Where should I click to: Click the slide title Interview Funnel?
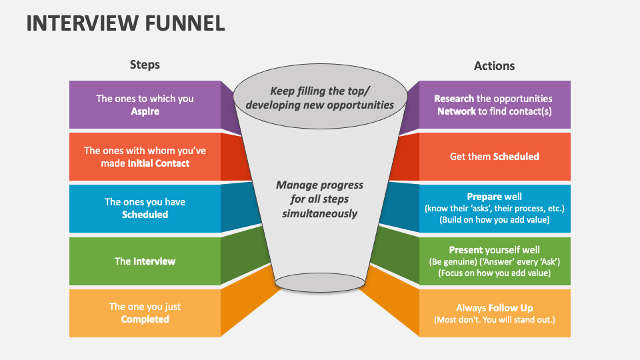125,23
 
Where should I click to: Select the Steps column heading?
145,65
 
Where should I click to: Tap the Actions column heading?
494,65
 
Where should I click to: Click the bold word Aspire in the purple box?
145,111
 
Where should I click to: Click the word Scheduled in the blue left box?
145,215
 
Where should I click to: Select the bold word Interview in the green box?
154,261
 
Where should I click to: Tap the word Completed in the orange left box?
145,319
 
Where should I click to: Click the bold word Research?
454,99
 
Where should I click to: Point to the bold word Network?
456,111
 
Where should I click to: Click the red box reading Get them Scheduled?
494,157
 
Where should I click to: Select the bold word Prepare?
485,197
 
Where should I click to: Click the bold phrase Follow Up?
511,308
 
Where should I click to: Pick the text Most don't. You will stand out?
494,320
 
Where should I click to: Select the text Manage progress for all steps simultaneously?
320,199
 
